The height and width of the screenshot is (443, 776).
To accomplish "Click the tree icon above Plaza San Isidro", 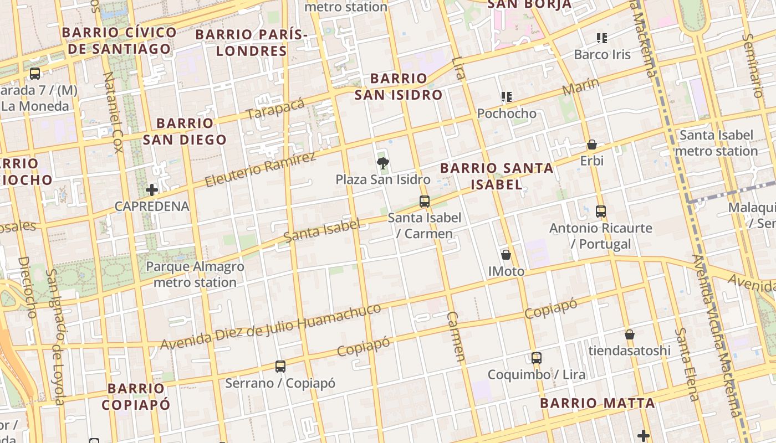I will coord(382,163).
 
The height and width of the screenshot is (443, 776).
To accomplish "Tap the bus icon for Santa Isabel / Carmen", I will coord(425,202).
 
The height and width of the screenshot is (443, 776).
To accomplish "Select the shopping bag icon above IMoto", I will coord(506,255).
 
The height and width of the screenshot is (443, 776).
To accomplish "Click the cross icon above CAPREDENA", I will coord(152,190).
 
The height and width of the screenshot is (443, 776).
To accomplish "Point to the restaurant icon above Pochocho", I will coord(506,97).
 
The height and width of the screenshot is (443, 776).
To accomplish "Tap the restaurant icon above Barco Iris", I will coord(602,38).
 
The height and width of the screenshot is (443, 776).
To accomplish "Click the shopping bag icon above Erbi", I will coord(592,145).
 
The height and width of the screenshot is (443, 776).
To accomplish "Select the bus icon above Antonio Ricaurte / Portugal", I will coord(601,212).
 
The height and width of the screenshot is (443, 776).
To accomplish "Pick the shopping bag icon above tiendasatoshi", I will coord(630,334).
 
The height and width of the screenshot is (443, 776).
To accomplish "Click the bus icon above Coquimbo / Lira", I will coord(537,358).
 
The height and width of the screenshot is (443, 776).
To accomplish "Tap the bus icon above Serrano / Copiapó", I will coord(280,367).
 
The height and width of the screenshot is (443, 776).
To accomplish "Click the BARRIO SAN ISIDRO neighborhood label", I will coord(399,86).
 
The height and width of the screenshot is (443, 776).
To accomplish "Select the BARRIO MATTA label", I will coord(598,403).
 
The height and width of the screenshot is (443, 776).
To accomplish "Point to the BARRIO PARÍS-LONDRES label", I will coord(252,43).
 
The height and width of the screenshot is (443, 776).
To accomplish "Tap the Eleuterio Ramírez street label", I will coord(260,169).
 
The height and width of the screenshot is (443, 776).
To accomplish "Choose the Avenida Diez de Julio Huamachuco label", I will coord(271,327).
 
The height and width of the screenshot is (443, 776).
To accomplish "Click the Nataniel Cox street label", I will coord(114,105).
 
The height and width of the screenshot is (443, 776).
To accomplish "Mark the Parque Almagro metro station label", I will coord(195,275).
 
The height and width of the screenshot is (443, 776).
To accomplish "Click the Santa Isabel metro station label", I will coord(716,143).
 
